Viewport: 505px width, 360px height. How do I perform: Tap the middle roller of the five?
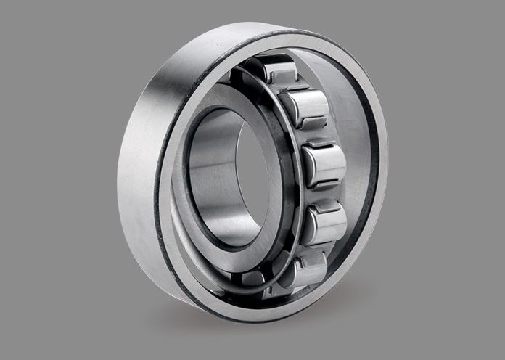pyautogui.click(x=324, y=165)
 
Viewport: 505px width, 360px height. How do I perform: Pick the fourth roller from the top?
pyautogui.click(x=324, y=224)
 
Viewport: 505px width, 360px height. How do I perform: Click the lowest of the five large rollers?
pyautogui.click(x=305, y=270)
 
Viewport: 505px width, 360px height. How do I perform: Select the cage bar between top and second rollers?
pyautogui.click(x=290, y=89)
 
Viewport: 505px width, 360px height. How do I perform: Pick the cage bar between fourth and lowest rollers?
pyautogui.click(x=313, y=249)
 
